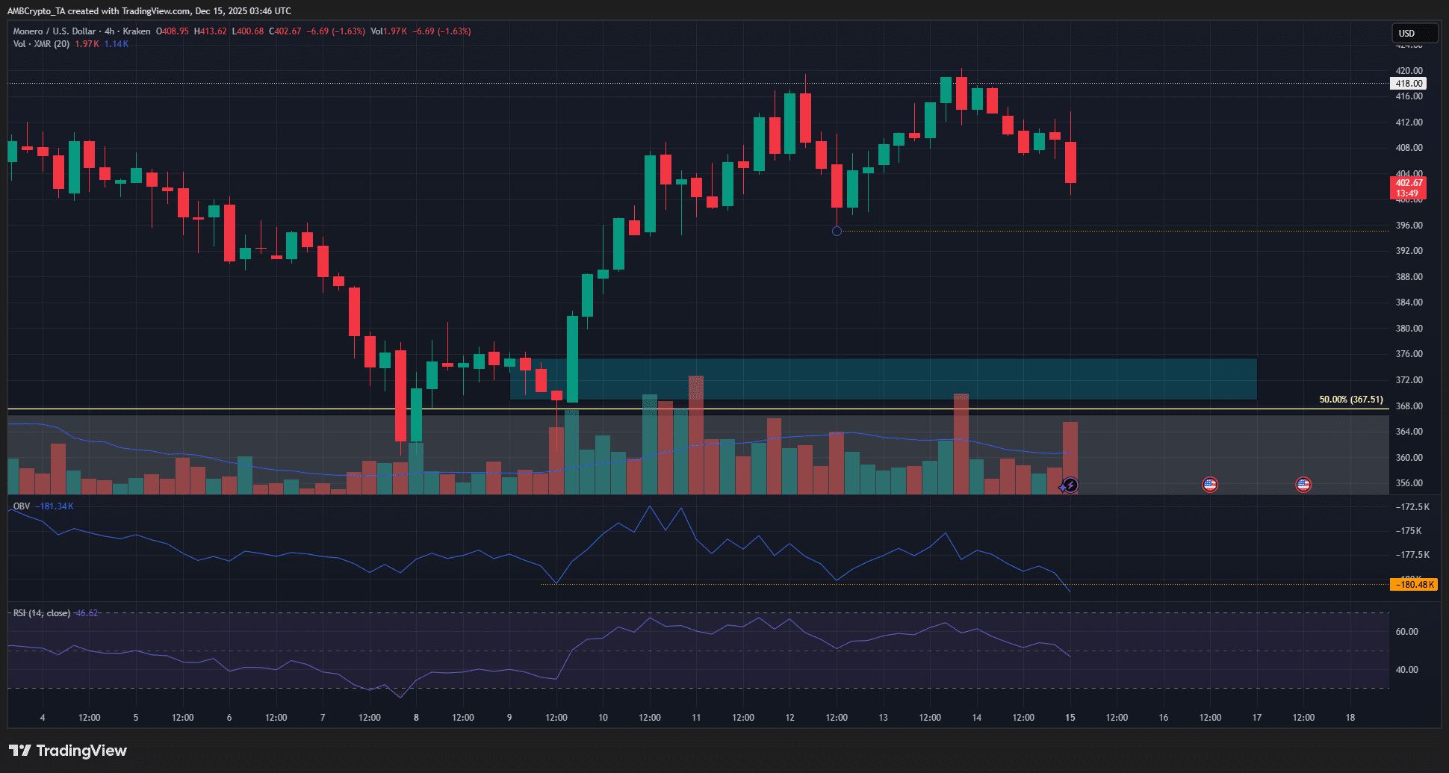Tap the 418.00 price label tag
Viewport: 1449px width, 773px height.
point(1409,84)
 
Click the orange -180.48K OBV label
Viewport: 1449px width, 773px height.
point(1413,585)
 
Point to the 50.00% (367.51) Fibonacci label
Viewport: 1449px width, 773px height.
point(1350,400)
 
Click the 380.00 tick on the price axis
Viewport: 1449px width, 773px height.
point(1409,329)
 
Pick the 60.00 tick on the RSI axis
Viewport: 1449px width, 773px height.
point(1406,632)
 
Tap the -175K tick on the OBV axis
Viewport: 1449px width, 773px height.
point(1409,531)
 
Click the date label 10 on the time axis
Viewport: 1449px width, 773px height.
point(603,718)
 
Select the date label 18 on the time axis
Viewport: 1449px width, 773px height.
point(1350,718)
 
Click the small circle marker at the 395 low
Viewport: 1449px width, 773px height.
point(837,232)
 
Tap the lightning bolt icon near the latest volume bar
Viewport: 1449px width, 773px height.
point(1070,485)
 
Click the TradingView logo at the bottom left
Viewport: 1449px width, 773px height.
point(68,751)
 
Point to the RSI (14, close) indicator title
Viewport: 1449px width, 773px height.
point(42,613)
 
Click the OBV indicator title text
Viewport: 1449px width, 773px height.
point(22,506)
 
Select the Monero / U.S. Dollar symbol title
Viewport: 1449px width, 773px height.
point(55,31)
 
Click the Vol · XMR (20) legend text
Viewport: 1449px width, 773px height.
point(41,44)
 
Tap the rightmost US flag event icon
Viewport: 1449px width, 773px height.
point(1303,485)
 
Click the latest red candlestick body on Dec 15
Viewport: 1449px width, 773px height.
point(1070,162)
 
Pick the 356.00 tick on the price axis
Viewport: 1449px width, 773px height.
point(1409,483)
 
